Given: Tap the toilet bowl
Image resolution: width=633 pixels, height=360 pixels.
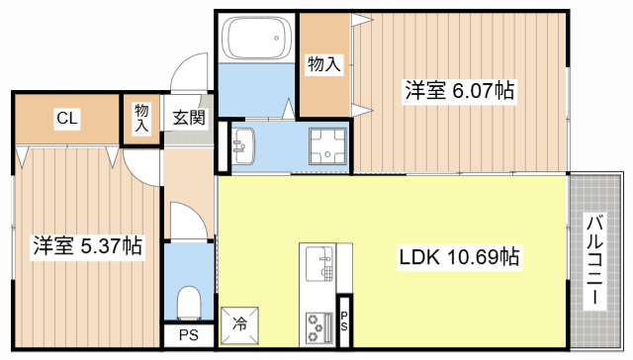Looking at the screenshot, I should click(188, 300).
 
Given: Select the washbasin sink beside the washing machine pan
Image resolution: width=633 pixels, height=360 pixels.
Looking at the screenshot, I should click(243, 145).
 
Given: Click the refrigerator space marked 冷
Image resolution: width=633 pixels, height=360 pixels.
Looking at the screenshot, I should click(240, 322).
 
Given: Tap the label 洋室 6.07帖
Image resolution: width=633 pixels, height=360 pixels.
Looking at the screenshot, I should click(458, 91).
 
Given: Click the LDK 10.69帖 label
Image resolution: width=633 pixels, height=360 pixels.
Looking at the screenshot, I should click(458, 258).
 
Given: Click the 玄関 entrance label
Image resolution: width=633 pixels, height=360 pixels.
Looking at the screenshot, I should click(188, 119).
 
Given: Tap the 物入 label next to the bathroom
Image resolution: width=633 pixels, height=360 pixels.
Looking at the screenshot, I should click(324, 65).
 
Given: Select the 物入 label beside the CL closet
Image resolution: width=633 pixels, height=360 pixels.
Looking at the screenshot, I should click(141, 118).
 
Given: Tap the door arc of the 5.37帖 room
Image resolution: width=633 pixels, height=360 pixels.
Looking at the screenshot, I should click(141, 168).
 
